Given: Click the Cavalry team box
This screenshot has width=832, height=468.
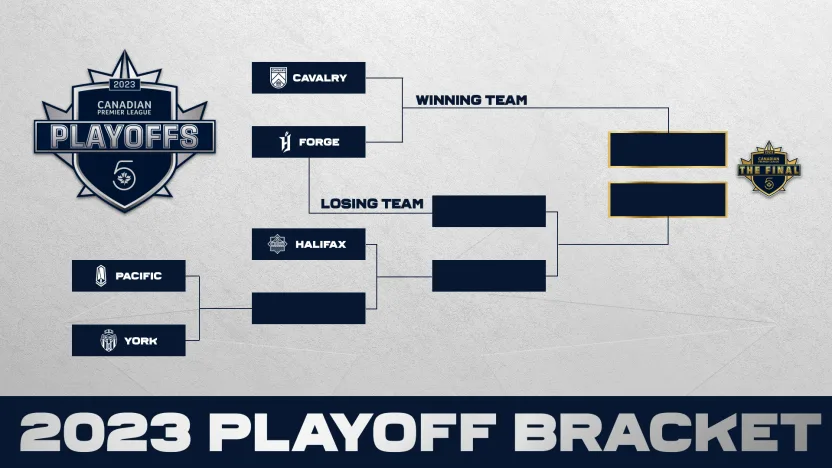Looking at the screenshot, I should pos(308,78).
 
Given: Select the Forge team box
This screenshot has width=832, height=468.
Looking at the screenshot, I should pos(308,142).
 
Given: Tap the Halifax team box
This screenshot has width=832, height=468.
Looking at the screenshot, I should pos(308,244).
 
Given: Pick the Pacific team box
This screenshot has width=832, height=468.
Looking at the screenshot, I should pos(128,276).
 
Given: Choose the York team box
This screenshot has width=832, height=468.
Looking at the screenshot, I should pos(128,341).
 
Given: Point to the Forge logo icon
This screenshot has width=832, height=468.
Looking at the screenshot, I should pos(278,142).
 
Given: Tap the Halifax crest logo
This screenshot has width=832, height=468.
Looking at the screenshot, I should pos(277,244).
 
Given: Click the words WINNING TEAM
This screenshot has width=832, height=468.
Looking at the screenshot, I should pos(471,100).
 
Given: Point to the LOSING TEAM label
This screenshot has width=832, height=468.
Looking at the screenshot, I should pos(372,204).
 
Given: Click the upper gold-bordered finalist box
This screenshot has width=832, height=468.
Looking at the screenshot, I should pos(667,149).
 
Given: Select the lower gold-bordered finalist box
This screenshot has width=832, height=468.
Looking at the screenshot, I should pos(667,199).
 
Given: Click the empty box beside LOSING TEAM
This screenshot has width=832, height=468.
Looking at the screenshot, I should pos(489,211).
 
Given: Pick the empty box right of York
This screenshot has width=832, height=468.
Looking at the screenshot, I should pos(308,308).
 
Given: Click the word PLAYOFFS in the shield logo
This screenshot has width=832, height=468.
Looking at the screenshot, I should pos(125,136).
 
